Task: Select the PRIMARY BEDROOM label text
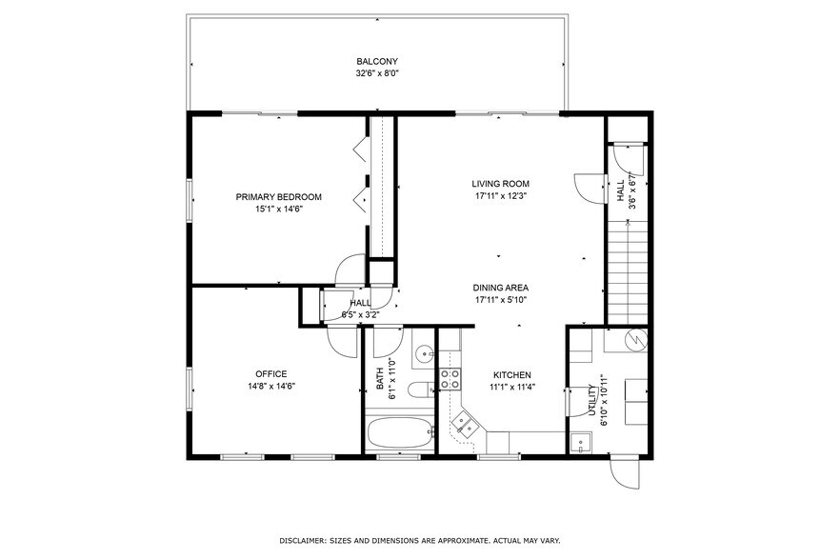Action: [279, 197]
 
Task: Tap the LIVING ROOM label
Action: [501, 184]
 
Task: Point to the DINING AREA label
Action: [501, 288]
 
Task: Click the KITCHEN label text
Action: [511, 375]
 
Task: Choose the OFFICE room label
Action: [270, 374]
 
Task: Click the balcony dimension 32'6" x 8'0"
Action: [377, 72]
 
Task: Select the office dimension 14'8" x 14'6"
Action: [270, 386]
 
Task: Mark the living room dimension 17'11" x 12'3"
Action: [501, 195]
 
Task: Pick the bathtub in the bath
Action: [400, 433]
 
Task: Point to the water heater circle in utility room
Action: [633, 339]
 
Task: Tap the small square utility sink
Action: [580, 443]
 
